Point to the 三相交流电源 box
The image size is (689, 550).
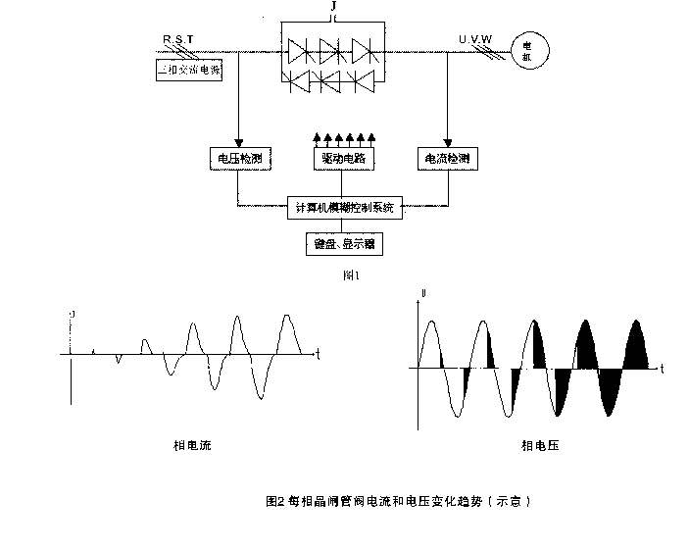(188, 72)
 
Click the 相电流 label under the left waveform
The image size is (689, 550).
(192, 446)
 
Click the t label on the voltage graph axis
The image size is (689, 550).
(663, 368)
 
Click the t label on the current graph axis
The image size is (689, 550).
(317, 350)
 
